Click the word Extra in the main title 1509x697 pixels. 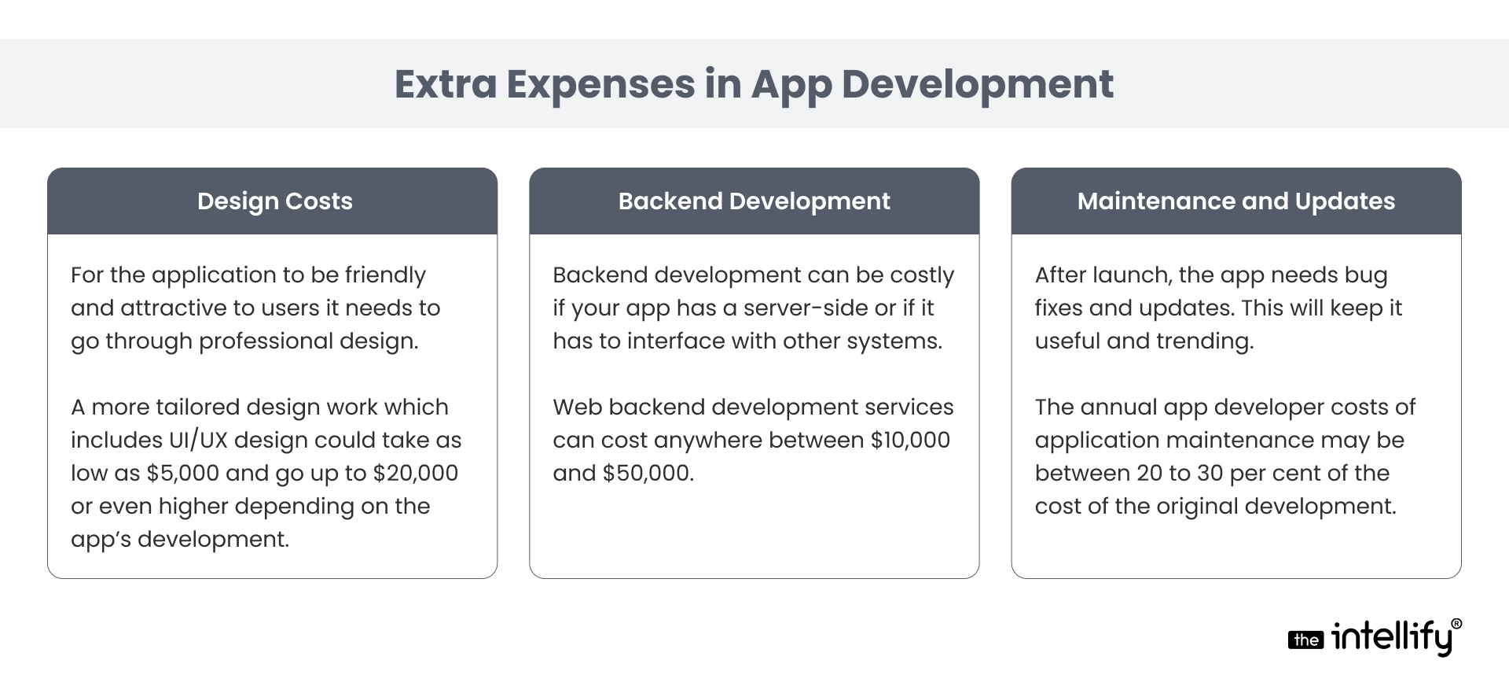[x=446, y=84]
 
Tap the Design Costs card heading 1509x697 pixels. [x=275, y=201]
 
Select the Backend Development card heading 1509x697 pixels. [x=754, y=201]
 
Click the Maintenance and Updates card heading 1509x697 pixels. [x=1236, y=201]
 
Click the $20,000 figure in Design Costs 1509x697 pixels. [x=415, y=473]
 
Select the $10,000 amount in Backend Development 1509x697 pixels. [x=910, y=440]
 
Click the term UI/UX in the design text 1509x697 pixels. [x=198, y=440]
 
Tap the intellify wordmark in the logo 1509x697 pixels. [x=1391, y=637]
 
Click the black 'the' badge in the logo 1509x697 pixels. [x=1305, y=640]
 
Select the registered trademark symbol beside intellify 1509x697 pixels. [x=1456, y=624]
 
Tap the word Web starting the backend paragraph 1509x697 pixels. [x=577, y=407]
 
